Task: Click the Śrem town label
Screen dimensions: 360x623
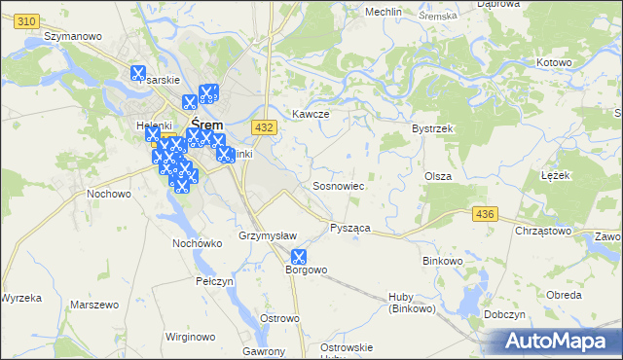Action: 207,125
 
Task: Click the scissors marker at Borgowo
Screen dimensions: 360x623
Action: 298,257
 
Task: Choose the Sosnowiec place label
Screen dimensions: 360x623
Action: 338,185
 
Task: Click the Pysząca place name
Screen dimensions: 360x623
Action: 350,228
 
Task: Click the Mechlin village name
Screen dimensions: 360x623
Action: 384,12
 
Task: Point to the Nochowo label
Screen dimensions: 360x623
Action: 109,194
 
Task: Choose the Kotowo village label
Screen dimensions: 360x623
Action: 553,62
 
